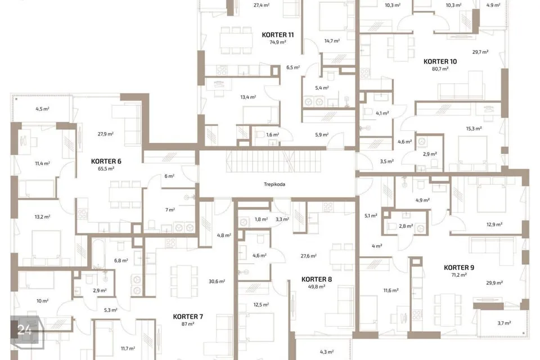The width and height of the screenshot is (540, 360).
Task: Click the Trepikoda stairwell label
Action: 274,184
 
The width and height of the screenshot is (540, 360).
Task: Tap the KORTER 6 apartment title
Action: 106,161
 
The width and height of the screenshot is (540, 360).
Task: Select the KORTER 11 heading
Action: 278,35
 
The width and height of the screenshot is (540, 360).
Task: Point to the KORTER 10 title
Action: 440,62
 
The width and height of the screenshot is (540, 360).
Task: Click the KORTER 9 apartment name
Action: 459,268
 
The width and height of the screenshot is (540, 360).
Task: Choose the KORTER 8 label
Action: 317,280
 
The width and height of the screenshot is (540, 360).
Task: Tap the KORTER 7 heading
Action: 188,317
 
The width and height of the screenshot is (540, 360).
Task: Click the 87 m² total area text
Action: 188,324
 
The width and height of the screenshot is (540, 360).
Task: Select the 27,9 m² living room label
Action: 106,134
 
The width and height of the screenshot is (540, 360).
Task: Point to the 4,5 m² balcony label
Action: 42,109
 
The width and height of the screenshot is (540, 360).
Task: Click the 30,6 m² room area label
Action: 217,281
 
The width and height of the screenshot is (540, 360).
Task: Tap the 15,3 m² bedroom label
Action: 474,128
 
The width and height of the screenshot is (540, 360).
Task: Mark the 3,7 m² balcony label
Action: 504,323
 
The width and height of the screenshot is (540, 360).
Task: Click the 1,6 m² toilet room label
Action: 272,134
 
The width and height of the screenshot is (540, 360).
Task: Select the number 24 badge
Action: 24,330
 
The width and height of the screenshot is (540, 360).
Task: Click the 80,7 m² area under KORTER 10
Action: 440,69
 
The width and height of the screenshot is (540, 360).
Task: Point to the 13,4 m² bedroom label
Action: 248,97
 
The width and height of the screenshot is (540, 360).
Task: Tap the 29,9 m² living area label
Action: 494,283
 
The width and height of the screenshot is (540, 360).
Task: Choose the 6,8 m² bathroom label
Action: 121,261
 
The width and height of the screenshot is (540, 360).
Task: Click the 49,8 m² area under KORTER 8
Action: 317,287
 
